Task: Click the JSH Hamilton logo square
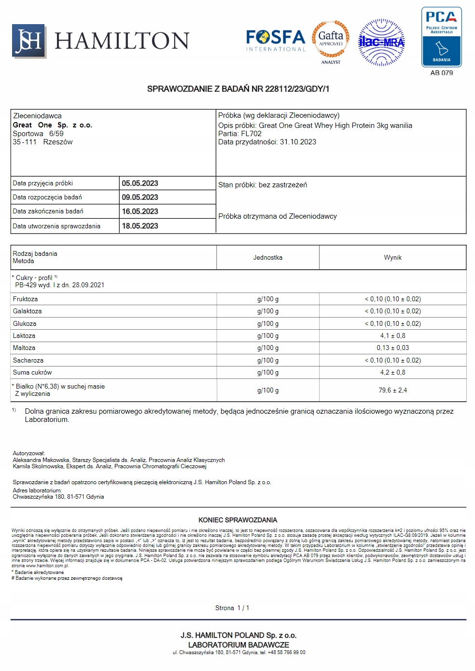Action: coord(29,41)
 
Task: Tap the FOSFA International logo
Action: coord(276,41)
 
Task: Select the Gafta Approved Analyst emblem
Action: coord(331,42)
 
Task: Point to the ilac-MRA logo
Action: coord(381,42)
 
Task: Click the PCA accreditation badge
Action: coord(441,37)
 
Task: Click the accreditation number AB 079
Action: coord(442,73)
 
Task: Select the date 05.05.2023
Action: coord(140,183)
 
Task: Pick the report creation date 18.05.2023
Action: coord(140,226)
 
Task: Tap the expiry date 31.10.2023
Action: coord(298,142)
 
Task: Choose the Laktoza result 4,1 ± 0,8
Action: coord(392,335)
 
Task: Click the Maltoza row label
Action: coord(24,348)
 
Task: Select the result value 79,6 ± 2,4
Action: coord(392,390)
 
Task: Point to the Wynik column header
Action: coord(392,258)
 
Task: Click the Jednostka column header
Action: coord(268,258)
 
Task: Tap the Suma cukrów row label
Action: coord(32,373)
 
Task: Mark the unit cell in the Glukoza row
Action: coord(268,323)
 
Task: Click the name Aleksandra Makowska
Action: coord(41,460)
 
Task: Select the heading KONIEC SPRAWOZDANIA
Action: coord(237,520)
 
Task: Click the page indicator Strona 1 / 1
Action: coord(232,608)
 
